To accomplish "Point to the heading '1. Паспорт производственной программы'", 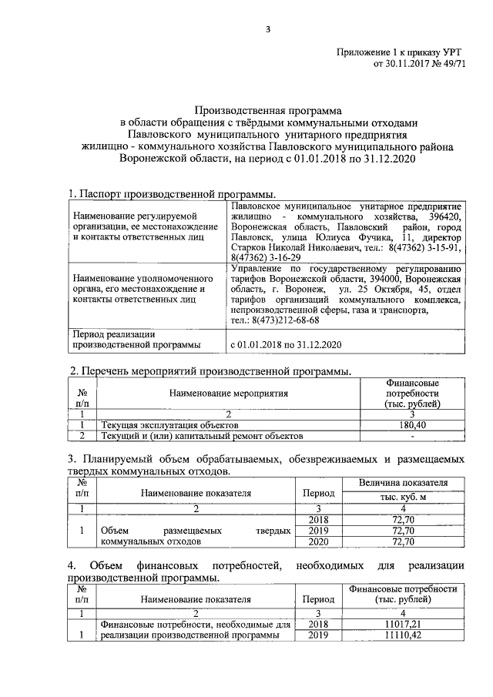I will click(173, 194).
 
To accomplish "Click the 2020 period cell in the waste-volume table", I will click(317, 542).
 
